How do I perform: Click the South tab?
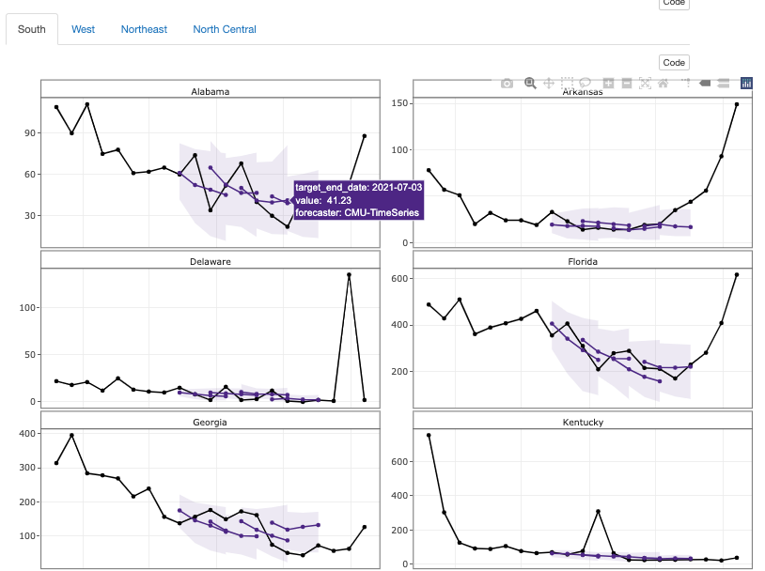pyautogui.click(x=32, y=29)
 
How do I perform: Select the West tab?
pyautogui.click(x=83, y=29)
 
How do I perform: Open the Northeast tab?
pyautogui.click(x=144, y=29)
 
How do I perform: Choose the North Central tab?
pyautogui.click(x=225, y=29)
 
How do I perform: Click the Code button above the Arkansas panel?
pyautogui.click(x=674, y=63)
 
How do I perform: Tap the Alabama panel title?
pyautogui.click(x=210, y=92)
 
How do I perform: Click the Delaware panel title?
pyautogui.click(x=210, y=261)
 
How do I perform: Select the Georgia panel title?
pyautogui.click(x=210, y=422)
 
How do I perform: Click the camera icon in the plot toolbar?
pyautogui.click(x=507, y=83)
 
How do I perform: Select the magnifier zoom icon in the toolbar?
pyautogui.click(x=530, y=83)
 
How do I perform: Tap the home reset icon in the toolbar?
pyautogui.click(x=664, y=83)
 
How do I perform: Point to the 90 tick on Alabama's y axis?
pyautogui.click(x=28, y=133)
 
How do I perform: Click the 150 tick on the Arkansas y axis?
pyautogui.click(x=399, y=102)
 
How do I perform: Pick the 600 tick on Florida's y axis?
pyautogui.click(x=399, y=279)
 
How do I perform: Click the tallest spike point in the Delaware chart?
pyautogui.click(x=349, y=274)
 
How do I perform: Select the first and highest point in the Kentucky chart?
pyautogui.click(x=429, y=435)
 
